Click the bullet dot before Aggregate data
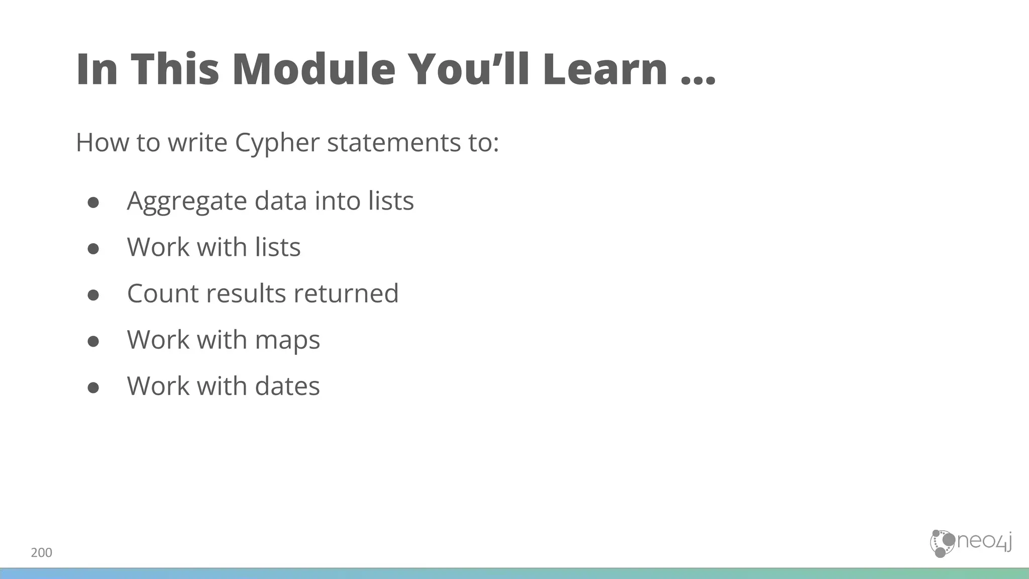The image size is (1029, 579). click(93, 202)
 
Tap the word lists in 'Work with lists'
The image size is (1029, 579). click(277, 247)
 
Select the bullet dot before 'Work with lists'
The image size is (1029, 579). click(93, 248)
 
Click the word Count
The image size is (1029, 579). click(162, 293)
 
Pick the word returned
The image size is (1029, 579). click(346, 293)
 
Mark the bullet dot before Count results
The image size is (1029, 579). click(93, 295)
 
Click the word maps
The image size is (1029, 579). click(287, 340)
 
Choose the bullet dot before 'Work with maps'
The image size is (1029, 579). click(93, 341)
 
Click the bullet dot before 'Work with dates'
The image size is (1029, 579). click(93, 388)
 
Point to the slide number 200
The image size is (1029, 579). click(41, 553)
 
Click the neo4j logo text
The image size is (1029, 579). click(984, 542)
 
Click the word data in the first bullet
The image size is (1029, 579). click(280, 201)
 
